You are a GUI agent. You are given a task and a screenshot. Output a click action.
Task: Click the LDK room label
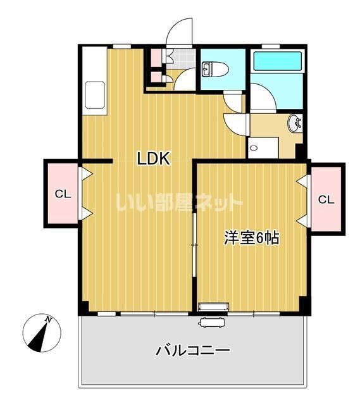click(x=154, y=159)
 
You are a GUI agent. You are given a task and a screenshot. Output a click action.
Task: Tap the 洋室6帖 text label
click(x=251, y=238)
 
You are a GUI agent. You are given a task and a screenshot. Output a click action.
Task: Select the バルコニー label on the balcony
click(x=192, y=350)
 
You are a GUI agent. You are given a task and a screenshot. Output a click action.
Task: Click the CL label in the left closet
click(x=62, y=194)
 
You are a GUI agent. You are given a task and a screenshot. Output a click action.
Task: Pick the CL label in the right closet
click(x=326, y=200)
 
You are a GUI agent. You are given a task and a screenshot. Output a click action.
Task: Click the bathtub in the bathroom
click(x=276, y=62)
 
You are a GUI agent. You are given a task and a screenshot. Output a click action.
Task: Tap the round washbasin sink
click(x=295, y=124)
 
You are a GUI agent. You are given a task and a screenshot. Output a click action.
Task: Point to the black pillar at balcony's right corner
click(x=304, y=305)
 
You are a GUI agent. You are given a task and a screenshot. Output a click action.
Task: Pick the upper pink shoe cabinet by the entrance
click(x=155, y=58)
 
